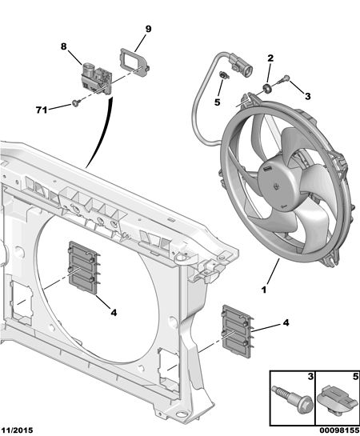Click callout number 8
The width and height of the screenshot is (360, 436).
tap(64, 46)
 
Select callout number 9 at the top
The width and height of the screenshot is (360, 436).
tap(148, 29)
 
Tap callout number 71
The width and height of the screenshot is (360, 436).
tap(42, 110)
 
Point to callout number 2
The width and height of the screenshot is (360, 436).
tap(270, 58)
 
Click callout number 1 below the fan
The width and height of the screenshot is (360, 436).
tap(264, 290)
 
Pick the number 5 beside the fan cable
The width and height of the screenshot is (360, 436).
tap(217, 102)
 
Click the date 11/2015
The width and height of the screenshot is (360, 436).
tap(17, 430)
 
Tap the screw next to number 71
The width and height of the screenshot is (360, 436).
tap(76, 103)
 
